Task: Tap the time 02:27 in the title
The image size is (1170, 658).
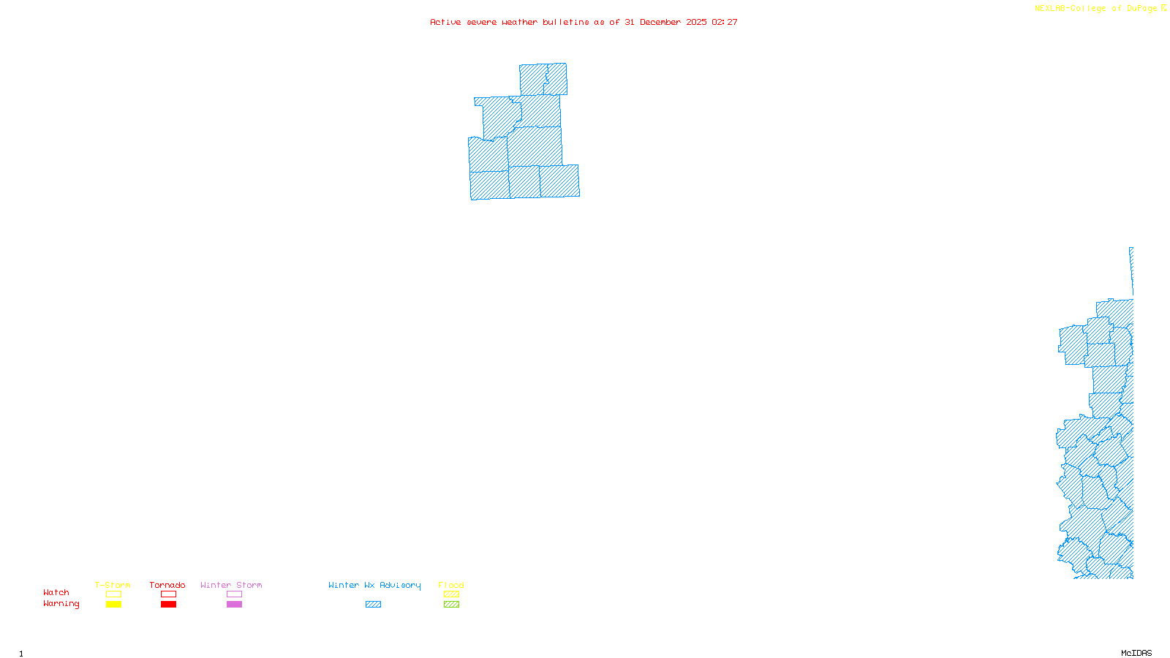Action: pos(724,22)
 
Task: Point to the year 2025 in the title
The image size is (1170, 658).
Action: pos(696,22)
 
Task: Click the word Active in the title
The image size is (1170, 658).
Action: pos(445,22)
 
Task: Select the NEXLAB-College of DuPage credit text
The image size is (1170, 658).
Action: pos(1095,8)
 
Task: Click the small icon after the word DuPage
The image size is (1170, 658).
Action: pos(1163,8)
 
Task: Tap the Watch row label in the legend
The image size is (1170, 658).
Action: pos(56,592)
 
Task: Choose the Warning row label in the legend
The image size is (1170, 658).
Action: pos(61,604)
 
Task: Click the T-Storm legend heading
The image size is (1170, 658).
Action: pos(113,585)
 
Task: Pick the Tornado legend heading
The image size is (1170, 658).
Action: pos(167,585)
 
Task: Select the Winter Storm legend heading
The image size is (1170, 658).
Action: pos(231,585)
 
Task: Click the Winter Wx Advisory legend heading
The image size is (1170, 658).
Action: pos(374,585)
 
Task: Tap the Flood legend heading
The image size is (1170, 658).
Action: pos(451,585)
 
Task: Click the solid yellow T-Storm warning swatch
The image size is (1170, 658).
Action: pos(113,605)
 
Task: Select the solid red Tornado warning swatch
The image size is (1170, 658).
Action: pos(168,605)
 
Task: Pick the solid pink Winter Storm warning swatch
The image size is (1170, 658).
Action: pos(234,605)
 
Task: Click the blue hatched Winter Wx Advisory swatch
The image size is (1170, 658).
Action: pos(373,605)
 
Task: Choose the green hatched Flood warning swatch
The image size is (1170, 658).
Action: pos(451,605)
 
